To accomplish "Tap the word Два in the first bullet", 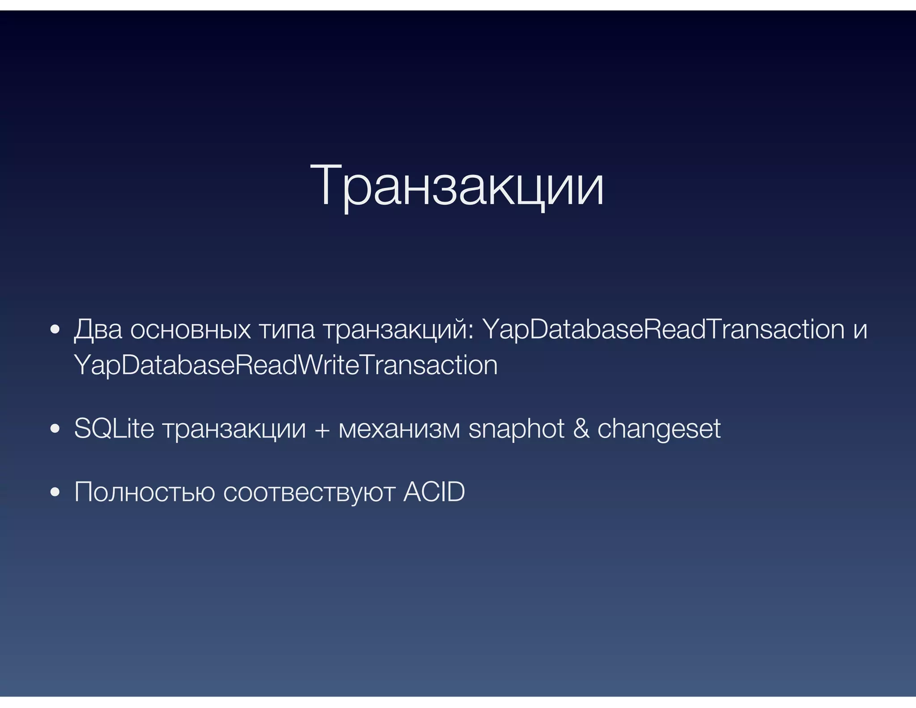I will coord(98,330).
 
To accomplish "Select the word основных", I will coord(191,330).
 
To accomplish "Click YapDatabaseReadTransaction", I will coord(664,330).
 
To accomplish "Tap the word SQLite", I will coord(114,428).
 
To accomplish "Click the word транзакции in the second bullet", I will coord(234,429).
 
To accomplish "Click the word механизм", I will coord(399,429).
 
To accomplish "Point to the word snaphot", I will coord(517,429).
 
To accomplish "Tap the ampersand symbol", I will coord(581,429).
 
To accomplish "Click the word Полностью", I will coord(144,492).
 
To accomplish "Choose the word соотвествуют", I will coord(309,492).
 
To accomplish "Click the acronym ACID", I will coord(434,492).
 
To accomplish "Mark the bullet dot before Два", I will coord(55,330).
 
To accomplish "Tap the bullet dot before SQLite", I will coord(55,429).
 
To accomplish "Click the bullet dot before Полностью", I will coord(55,492).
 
